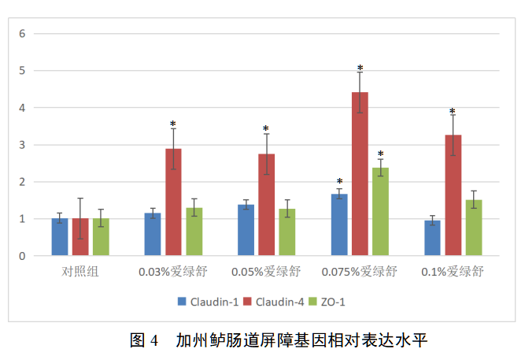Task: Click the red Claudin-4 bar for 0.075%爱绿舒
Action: click(360, 174)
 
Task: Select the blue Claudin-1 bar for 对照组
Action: click(60, 237)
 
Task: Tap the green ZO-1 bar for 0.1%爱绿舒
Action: click(473, 228)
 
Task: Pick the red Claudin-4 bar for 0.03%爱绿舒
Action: click(173, 202)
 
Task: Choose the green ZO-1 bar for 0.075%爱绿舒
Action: click(380, 212)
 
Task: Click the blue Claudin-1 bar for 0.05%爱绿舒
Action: click(246, 230)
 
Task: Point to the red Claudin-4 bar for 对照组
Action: click(80, 237)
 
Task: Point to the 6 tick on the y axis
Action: click(23, 33)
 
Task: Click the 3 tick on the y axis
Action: click(23, 145)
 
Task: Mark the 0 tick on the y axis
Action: click(23, 256)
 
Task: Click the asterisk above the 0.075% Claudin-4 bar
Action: click(360, 69)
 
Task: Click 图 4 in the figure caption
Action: click(144, 340)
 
